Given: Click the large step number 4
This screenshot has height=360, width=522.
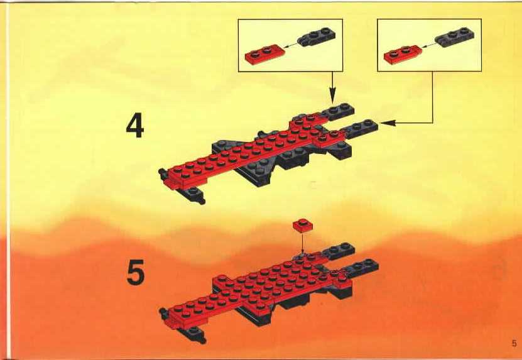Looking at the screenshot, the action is click(135, 126).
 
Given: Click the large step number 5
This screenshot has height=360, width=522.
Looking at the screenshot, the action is click(136, 273).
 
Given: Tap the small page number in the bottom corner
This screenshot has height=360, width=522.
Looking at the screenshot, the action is click(514, 343).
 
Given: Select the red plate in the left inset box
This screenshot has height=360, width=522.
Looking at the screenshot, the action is click(265, 54).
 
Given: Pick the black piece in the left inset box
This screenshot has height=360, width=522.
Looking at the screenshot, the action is click(316, 36).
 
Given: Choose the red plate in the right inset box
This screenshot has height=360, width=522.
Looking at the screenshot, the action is click(403, 55).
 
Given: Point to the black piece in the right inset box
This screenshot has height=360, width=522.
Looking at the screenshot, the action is click(454, 37).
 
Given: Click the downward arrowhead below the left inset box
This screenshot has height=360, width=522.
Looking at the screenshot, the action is click(332, 97).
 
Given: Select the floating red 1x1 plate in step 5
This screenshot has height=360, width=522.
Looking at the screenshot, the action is click(303, 226).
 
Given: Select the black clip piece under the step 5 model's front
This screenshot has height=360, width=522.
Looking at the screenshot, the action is click(192, 334).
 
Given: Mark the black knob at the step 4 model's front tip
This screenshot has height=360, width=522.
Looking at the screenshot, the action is click(163, 173).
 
